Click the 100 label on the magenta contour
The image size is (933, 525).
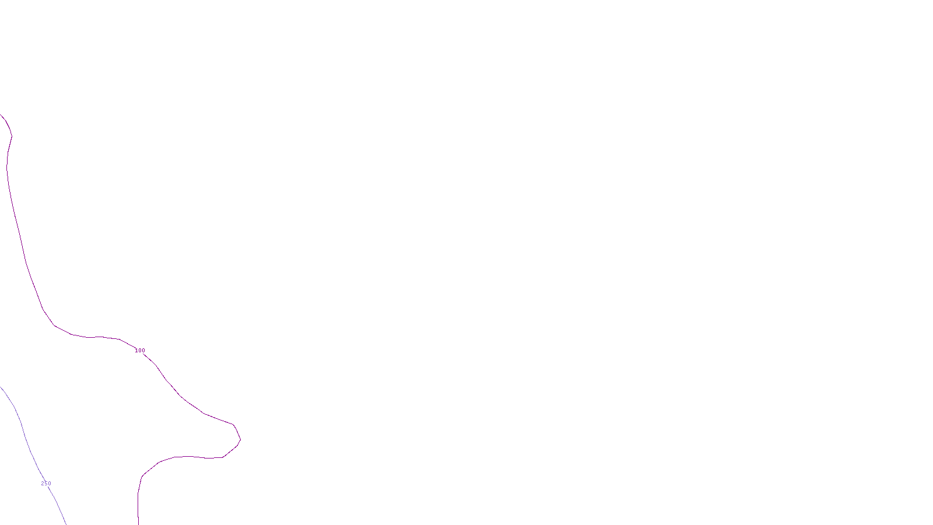tap(140, 351)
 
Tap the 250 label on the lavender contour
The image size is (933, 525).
tap(46, 484)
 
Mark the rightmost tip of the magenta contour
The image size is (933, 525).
tap(240, 439)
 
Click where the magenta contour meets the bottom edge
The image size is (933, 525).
tap(138, 523)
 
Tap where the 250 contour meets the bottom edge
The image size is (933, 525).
tap(65, 523)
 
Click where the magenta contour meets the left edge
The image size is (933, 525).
tap(1, 115)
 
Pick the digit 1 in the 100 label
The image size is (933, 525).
tap(136, 351)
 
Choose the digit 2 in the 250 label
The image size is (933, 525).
tap(43, 484)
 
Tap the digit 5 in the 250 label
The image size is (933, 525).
tap(46, 484)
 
